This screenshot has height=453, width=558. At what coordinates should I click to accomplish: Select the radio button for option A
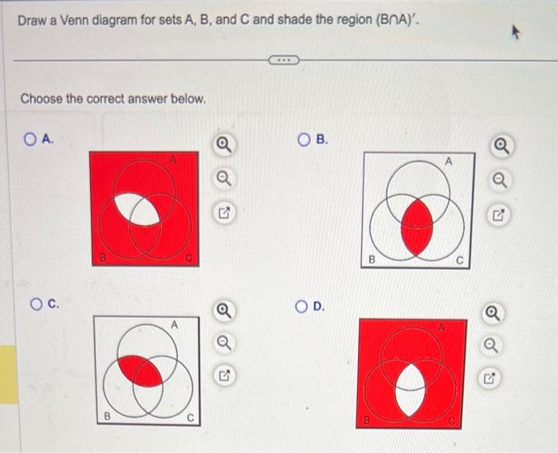(30, 139)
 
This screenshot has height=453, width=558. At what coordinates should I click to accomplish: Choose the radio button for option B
(304, 139)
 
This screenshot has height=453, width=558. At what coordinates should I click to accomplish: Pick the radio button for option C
(37, 304)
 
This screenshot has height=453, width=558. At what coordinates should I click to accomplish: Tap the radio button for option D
(301, 307)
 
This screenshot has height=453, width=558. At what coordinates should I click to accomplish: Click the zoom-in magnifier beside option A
(224, 145)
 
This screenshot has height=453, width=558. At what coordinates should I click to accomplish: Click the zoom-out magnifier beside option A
(224, 178)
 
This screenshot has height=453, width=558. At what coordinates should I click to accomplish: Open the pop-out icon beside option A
(224, 213)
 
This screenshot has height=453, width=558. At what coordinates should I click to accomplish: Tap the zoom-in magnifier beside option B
(501, 146)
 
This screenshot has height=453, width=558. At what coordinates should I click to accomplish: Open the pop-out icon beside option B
(499, 215)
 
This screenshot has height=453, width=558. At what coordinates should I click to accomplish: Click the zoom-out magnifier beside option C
(224, 343)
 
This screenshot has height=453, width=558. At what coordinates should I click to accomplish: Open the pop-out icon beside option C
(224, 375)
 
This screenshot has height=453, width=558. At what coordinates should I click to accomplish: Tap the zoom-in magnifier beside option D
(493, 314)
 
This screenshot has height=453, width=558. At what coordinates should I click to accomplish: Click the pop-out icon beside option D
(489, 379)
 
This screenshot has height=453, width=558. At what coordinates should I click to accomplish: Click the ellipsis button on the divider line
(284, 61)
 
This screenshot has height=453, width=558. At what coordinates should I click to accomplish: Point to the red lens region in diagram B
(417, 227)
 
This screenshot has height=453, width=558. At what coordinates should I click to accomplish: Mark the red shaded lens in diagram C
(140, 370)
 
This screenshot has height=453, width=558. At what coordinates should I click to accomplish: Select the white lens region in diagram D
(411, 390)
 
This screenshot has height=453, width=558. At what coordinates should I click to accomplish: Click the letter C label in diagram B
(460, 261)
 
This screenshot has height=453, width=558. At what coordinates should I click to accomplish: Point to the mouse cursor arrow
(516, 33)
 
